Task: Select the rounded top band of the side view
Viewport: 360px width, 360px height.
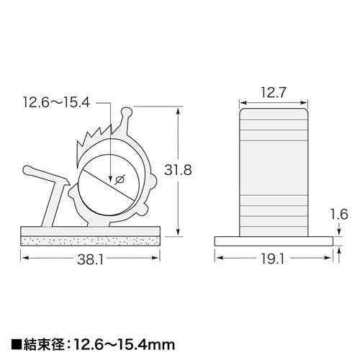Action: tap(274, 112)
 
